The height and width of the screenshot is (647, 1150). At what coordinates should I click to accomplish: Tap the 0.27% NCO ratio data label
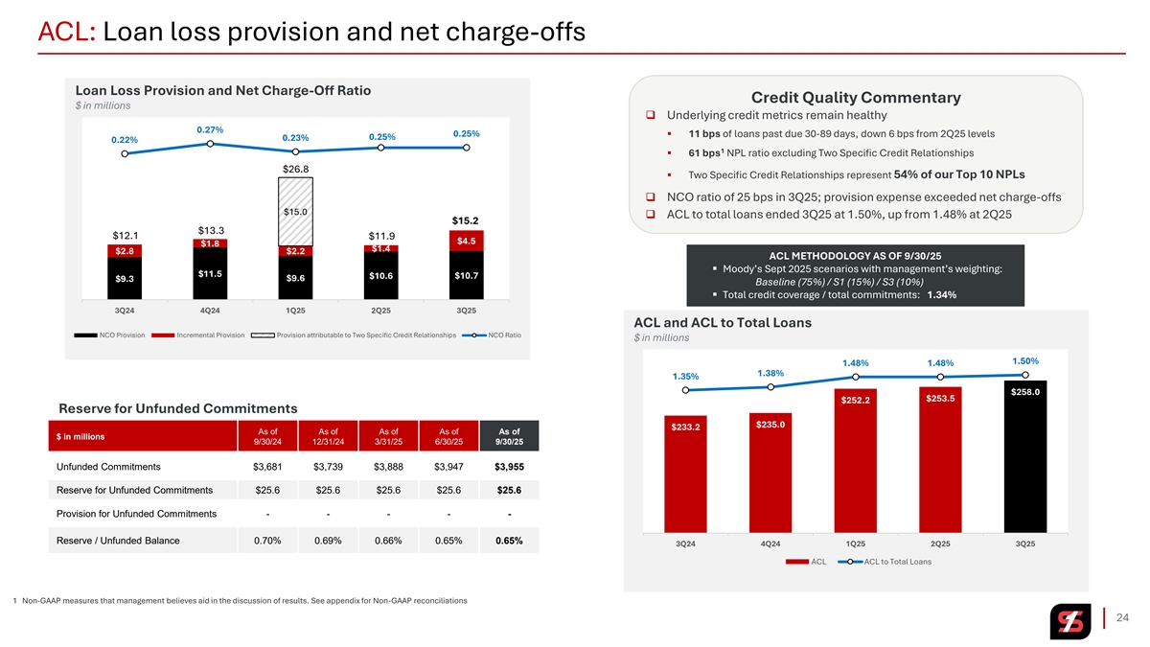point(210,129)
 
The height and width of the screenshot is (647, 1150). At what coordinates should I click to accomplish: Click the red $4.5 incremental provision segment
point(467,241)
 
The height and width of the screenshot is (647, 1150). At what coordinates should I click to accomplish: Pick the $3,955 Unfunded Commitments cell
point(509,467)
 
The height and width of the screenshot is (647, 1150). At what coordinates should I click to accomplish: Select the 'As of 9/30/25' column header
point(509,436)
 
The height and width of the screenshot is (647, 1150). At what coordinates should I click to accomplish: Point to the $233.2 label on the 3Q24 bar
point(684,427)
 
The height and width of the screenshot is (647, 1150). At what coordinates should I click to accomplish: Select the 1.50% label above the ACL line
point(1024,360)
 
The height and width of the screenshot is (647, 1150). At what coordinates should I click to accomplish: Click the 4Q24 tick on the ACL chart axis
point(770,543)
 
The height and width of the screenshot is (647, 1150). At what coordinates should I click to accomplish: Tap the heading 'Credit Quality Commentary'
point(856,98)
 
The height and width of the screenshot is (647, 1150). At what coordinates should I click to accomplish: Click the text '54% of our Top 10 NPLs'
point(958,174)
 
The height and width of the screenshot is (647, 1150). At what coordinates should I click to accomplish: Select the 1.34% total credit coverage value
point(941,294)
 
